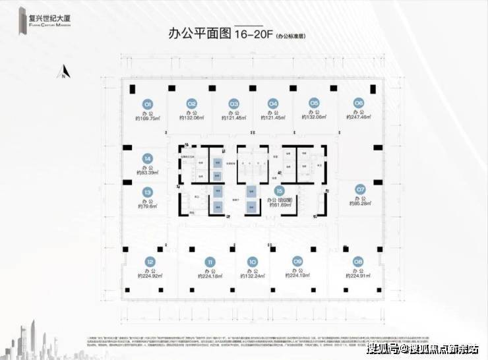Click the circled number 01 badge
click(x=148, y=104)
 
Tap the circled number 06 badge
click(x=358, y=103)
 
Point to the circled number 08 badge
click(x=358, y=260)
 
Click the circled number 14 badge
click(x=148, y=158)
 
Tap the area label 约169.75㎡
click(x=148, y=119)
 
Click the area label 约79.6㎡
click(x=147, y=206)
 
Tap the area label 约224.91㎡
click(x=358, y=276)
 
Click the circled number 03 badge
click(x=233, y=104)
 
